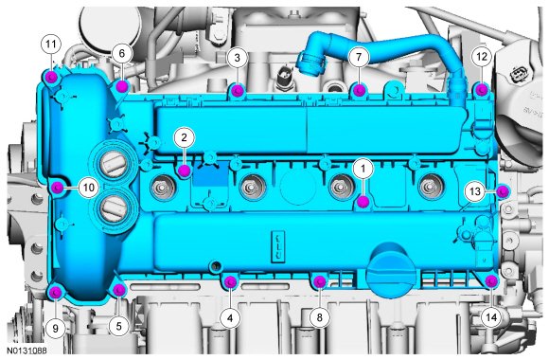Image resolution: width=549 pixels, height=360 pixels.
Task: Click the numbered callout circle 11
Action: coord(51,45)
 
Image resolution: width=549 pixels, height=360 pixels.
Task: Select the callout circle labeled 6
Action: coord(121,53)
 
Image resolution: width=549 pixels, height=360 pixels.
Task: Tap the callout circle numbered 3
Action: coord(237,58)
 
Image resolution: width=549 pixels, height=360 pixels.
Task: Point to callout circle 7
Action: coord(359,57)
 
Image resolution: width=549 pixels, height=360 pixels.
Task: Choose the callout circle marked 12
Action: coord(482,56)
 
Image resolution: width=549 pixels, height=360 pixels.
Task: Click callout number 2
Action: coord(184,137)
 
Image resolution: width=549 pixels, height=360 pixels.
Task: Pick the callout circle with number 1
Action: coord(363,169)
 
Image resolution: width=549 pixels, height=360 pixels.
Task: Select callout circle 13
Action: coord(475,191)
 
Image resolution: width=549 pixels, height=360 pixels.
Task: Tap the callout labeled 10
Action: coord(89,188)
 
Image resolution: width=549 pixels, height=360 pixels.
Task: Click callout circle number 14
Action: coord(491,317)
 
